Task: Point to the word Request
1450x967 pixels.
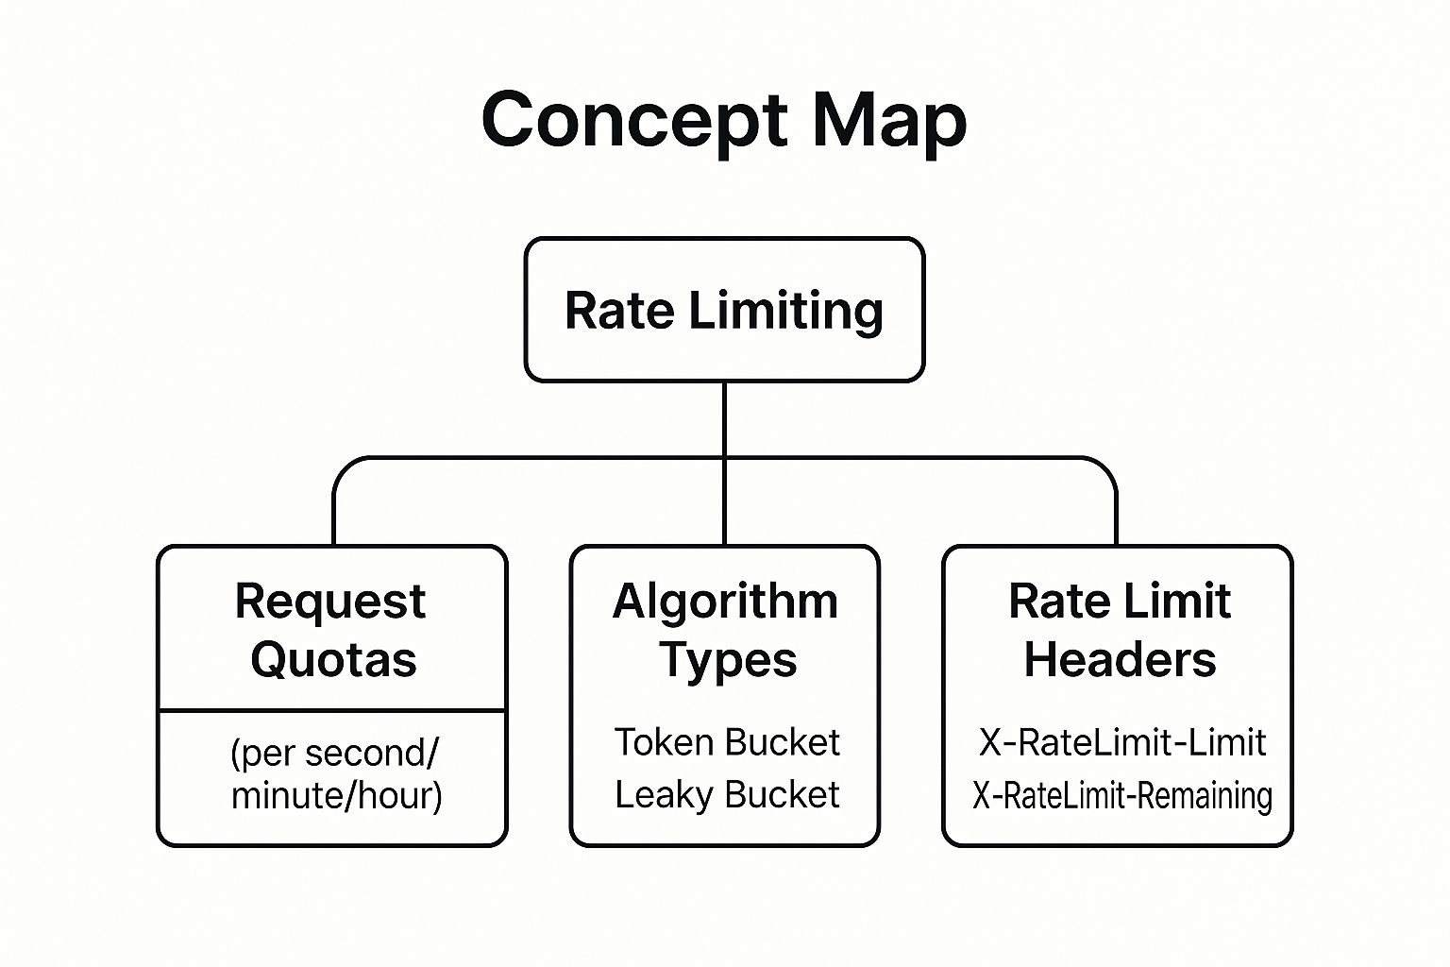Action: (x=330, y=602)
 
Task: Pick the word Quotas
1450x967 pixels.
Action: (x=333, y=659)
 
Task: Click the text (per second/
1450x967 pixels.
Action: (x=334, y=753)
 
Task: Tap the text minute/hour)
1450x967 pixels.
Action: (x=336, y=795)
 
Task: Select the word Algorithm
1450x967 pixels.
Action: (x=725, y=602)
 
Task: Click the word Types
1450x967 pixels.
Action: (x=728, y=660)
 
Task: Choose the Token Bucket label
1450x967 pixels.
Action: (x=726, y=742)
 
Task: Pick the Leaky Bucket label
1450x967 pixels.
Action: (x=726, y=794)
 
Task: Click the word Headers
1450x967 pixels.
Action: (x=1120, y=659)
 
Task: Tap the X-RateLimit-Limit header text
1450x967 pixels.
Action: (x=1121, y=742)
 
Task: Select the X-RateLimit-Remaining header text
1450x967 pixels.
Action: (x=1121, y=795)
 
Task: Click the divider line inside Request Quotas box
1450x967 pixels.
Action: (x=332, y=709)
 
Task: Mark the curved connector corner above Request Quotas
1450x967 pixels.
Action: (x=344, y=467)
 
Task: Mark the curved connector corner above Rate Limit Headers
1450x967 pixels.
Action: (x=1105, y=467)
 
